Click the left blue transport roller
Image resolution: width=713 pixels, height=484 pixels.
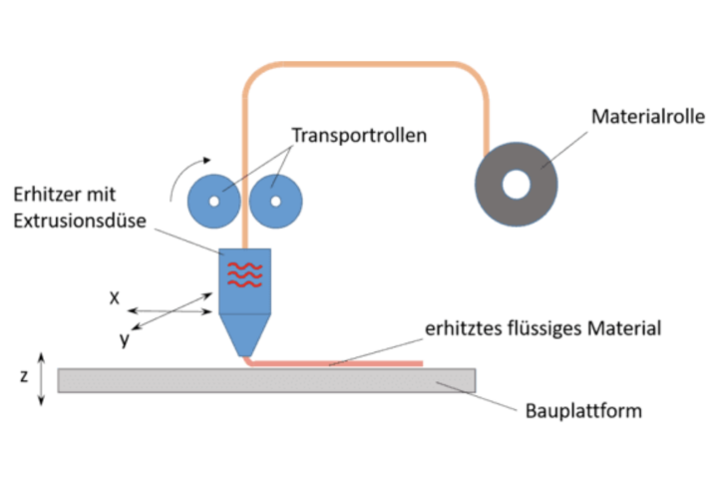(213, 201)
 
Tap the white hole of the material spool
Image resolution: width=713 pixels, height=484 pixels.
(517, 184)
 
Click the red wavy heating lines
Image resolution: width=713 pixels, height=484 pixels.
(243, 274)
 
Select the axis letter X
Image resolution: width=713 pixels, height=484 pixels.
(115, 297)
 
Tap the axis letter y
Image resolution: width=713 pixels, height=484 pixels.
(125, 339)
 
